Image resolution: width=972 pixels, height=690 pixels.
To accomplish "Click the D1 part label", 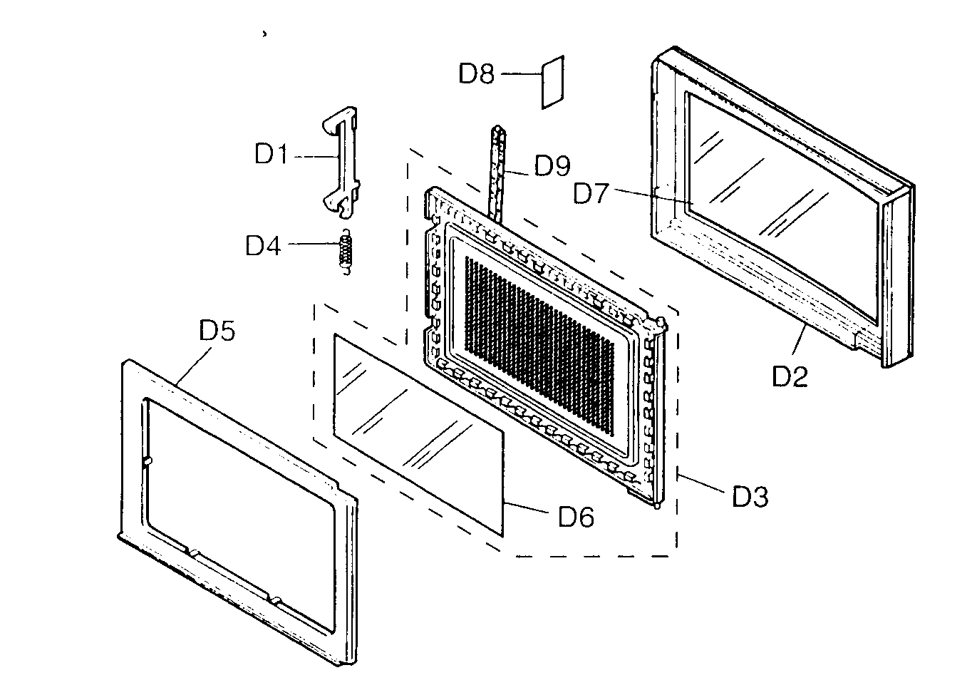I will pos(271,154).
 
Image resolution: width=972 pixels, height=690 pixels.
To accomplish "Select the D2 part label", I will pos(790,376).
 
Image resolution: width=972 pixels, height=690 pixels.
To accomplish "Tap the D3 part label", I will pos(750,497).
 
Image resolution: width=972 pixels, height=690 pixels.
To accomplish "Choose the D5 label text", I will pos(217,331).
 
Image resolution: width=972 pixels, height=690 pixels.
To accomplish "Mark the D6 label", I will pos(576,517).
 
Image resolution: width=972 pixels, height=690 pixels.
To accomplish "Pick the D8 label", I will pos(476,73).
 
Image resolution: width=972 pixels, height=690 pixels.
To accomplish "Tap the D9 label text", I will pos(552,166).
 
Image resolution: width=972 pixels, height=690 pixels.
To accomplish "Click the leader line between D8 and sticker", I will pos(521,73).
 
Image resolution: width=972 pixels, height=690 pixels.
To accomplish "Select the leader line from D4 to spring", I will pos(312,244).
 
